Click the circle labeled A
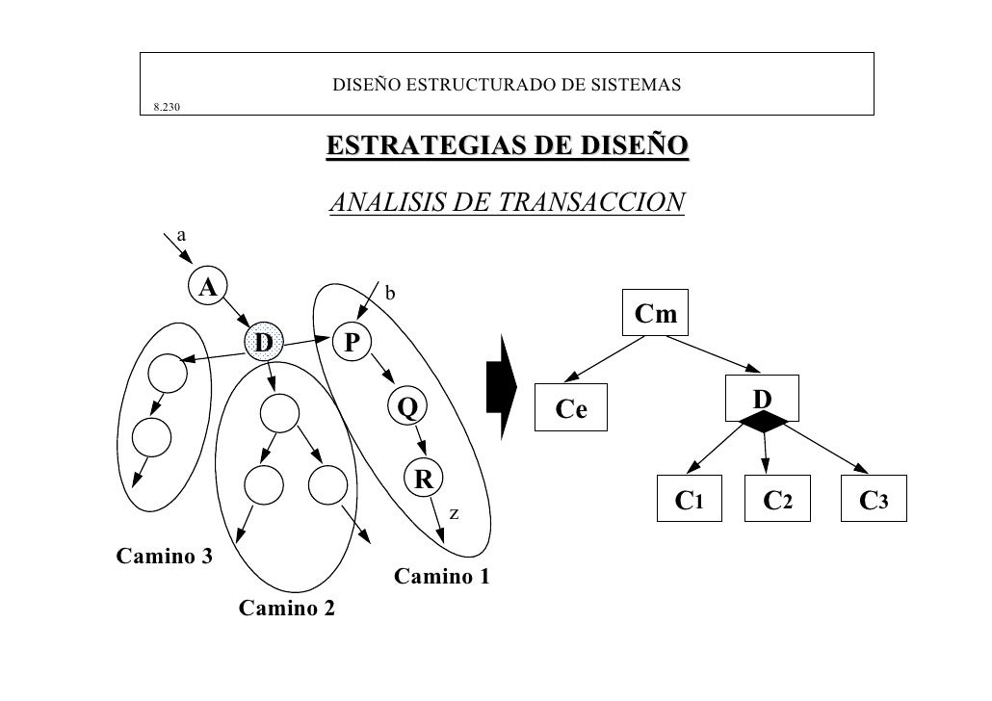[x=207, y=286]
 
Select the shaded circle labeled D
[x=263, y=342]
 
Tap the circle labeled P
[x=352, y=342]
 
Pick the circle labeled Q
[x=407, y=406]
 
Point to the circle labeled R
[x=424, y=479]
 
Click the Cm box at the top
[x=656, y=313]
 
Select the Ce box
[x=571, y=407]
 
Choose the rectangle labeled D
[x=762, y=398]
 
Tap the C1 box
[x=690, y=499]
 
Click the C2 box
[x=777, y=499]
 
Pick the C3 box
[x=874, y=499]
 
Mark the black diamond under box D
[x=764, y=422]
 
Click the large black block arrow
[x=502, y=387]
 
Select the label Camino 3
[x=165, y=557]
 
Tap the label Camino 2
[x=287, y=608]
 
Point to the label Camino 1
[x=442, y=577]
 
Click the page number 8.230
[x=167, y=107]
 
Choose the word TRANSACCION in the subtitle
[x=591, y=202]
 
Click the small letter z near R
[x=454, y=514]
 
